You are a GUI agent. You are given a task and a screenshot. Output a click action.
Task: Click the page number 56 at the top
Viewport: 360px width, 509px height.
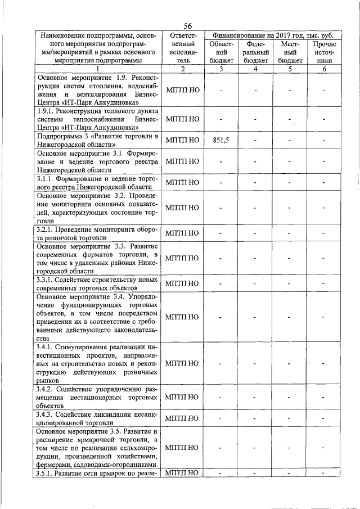click(188, 25)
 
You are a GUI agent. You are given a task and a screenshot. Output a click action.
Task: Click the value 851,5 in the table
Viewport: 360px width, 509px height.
click(222, 140)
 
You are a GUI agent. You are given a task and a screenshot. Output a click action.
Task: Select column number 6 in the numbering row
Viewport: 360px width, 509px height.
click(324, 69)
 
